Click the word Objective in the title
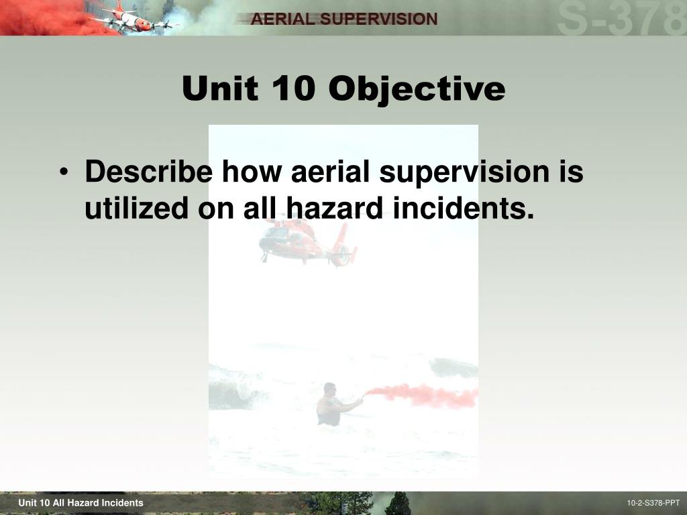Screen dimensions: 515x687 tap(416, 89)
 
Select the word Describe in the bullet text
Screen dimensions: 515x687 tap(149, 172)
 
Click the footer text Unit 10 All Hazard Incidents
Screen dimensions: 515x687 tap(81, 503)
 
